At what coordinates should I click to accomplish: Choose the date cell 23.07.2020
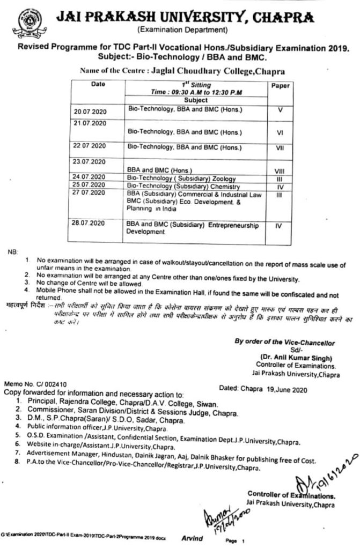point(91,160)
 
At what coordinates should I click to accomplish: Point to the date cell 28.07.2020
point(91,222)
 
